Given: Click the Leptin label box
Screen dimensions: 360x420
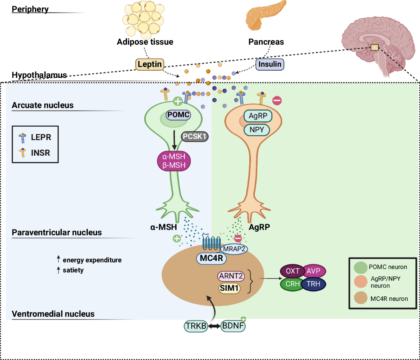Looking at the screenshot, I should pos(150,64).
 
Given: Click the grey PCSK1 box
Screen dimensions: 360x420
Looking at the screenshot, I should pos(194,136).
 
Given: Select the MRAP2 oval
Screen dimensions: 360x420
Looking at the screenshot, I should pos(233,249).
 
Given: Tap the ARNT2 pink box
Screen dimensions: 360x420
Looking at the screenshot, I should pos(231,277).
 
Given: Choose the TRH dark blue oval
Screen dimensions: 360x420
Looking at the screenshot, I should pos(314,284).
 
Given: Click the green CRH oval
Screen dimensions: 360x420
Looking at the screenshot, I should pos(292,284).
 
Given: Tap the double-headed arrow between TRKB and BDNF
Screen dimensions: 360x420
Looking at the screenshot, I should pos(215,326).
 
